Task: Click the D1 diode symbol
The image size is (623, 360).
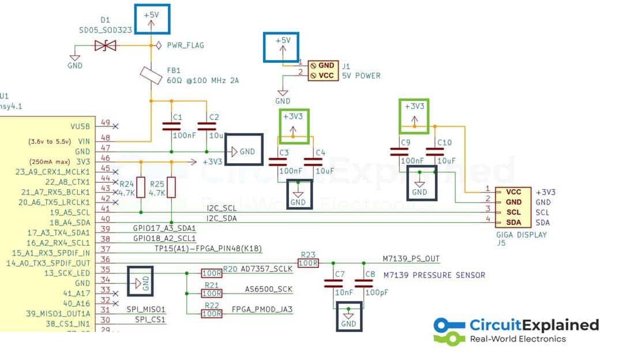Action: click(x=106, y=45)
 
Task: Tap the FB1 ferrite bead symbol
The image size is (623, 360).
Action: click(x=151, y=75)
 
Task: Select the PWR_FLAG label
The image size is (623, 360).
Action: click(x=185, y=45)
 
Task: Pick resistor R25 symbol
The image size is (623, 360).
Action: click(x=171, y=186)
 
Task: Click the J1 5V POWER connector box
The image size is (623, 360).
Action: click(x=322, y=70)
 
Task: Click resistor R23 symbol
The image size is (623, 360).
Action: click(x=309, y=262)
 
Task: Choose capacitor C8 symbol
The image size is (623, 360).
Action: click(x=363, y=283)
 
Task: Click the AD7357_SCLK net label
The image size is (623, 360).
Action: click(x=267, y=269)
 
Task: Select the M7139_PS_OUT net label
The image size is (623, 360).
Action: click(x=411, y=258)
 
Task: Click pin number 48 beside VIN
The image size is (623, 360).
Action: click(x=106, y=137)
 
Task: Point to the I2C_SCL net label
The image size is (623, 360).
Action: click(x=222, y=208)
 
